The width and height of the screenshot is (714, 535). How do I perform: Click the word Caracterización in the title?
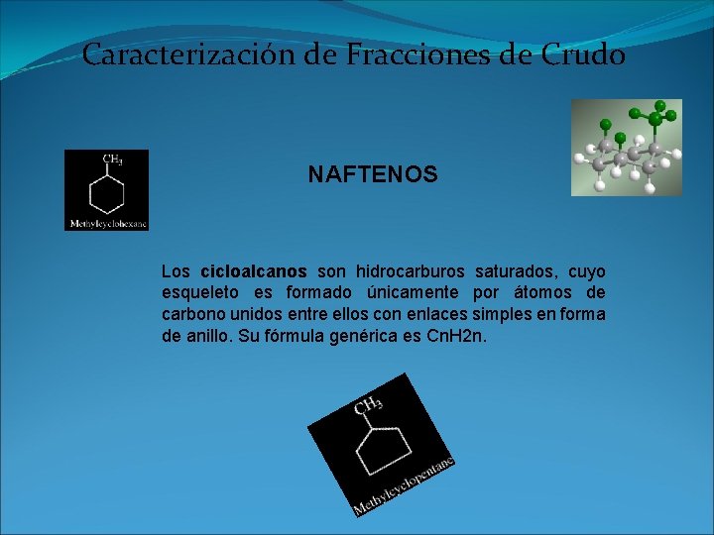pos(189,54)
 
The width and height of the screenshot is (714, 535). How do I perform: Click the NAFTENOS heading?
pos(372,175)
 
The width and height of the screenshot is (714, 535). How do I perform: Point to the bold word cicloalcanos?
pos(254,272)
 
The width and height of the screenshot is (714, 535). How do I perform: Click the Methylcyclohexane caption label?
pos(107,224)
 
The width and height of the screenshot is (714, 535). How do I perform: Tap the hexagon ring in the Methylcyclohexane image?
pos(106,191)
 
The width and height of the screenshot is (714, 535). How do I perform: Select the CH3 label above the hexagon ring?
pos(113,159)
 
